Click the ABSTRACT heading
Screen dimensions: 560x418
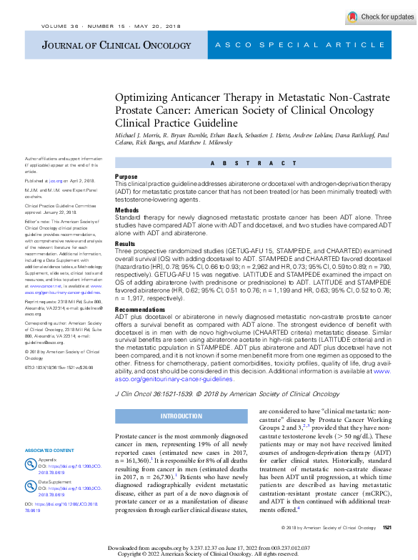click(x=253, y=163)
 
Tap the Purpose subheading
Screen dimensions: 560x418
click(x=126, y=176)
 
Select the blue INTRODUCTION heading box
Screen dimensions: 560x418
click(x=181, y=416)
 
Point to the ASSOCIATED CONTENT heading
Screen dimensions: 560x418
click(x=49, y=450)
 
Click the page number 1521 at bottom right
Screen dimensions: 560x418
click(x=387, y=547)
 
